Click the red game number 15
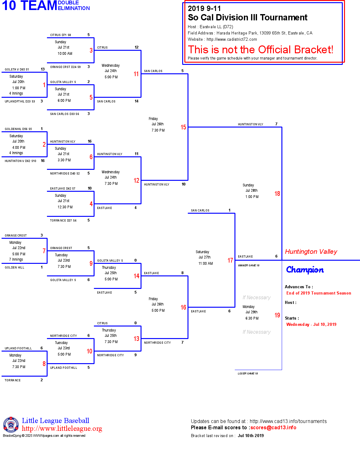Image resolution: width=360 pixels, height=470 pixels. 183,127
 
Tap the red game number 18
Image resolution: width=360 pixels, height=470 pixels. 277,194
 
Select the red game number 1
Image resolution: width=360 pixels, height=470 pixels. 44,85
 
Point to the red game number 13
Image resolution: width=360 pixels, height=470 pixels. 136,339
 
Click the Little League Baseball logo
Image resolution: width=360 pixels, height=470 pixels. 11,425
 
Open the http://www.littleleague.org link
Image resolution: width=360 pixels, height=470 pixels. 62,429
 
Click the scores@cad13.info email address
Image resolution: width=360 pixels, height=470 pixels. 273,427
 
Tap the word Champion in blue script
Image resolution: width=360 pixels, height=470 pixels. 305,270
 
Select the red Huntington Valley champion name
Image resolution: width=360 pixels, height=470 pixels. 311,252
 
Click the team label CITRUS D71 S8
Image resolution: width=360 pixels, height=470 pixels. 60,35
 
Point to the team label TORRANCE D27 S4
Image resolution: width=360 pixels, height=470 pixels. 63,221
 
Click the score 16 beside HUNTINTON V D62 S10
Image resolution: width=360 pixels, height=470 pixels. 43,161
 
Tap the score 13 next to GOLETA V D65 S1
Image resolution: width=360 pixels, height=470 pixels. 43,69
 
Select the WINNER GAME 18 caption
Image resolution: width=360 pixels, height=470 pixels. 249,265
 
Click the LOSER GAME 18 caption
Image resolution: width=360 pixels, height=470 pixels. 248,373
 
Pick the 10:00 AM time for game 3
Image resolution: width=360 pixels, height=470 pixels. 65,54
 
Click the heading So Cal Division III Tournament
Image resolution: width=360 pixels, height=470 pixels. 247,18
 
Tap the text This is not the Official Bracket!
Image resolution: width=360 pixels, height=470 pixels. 260,50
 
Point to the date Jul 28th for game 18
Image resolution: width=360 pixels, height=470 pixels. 251,191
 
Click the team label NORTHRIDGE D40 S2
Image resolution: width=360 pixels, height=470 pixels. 65,174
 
